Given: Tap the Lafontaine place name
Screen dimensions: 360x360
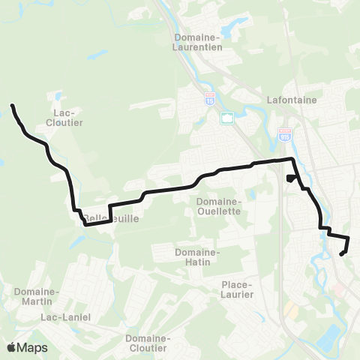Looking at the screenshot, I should pyautogui.click(x=292, y=99).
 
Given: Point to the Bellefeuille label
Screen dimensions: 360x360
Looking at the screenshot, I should pyautogui.click(x=106, y=218).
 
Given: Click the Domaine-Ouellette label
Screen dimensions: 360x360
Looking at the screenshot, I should pyautogui.click(x=217, y=206).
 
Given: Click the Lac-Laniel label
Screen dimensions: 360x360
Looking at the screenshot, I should pyautogui.click(x=65, y=317).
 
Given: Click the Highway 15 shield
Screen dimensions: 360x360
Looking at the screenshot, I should pyautogui.click(x=209, y=97).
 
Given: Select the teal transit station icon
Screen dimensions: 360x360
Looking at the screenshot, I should pyautogui.click(x=226, y=118).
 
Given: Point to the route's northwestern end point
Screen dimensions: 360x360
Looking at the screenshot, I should pyautogui.click(x=13, y=106).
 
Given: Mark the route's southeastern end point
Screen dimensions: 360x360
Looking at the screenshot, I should pyautogui.click(x=341, y=254).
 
